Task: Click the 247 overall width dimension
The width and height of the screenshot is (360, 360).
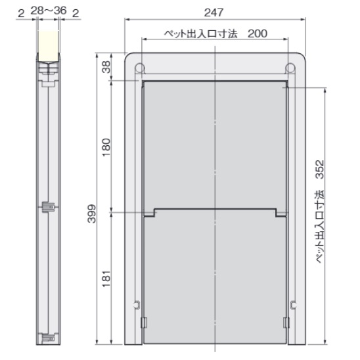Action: [214, 12]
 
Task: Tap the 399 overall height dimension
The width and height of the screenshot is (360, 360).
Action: [92, 214]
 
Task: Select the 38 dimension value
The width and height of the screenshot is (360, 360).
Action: [106, 67]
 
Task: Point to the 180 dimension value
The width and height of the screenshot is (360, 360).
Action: [106, 147]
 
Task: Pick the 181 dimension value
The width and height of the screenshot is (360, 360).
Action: [106, 279]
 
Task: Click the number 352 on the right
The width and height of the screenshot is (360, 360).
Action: [319, 169]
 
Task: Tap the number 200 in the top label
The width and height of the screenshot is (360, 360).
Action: [258, 34]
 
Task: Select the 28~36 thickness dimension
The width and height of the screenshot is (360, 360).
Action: [49, 11]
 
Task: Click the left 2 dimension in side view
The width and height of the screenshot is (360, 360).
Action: [21, 14]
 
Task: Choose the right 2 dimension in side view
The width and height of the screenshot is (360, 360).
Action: [76, 14]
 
